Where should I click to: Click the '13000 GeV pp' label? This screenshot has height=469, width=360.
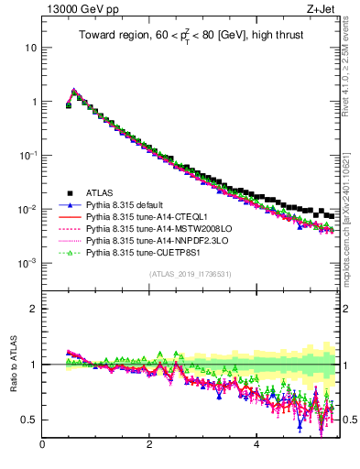(x=75, y=11)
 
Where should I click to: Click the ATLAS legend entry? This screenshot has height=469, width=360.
(x=101, y=192)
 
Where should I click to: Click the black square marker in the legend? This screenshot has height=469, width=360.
(x=70, y=192)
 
